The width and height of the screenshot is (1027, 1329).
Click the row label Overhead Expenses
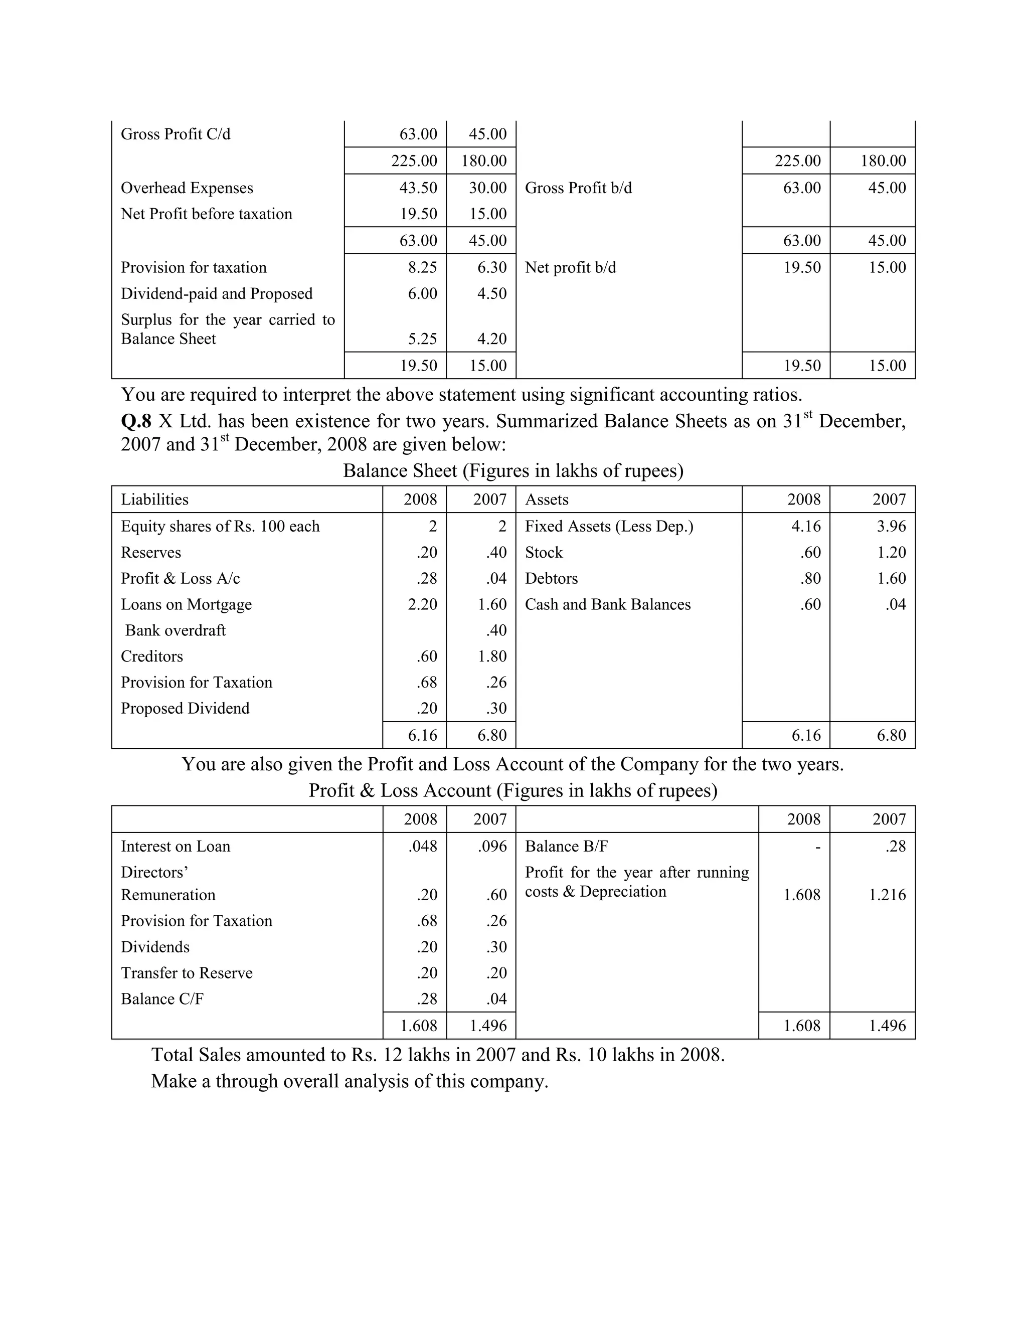click(187, 188)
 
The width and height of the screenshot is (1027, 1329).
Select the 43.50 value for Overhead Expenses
click(418, 188)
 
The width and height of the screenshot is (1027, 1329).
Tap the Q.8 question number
click(136, 421)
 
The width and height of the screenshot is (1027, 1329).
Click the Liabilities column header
click(154, 500)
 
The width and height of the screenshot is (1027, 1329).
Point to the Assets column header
click(547, 500)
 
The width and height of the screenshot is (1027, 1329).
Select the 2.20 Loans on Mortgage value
click(422, 604)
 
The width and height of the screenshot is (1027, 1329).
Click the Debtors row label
click(551, 579)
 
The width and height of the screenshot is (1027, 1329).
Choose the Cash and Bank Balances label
click(607, 604)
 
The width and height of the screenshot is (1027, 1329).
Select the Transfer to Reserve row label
click(186, 973)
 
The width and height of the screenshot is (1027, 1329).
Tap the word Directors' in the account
click(154, 873)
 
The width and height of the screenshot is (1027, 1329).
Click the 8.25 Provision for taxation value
click(422, 268)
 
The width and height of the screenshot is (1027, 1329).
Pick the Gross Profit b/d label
click(578, 188)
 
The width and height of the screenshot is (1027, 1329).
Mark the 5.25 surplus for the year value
click(422, 339)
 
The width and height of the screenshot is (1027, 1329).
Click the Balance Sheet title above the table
click(513, 471)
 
